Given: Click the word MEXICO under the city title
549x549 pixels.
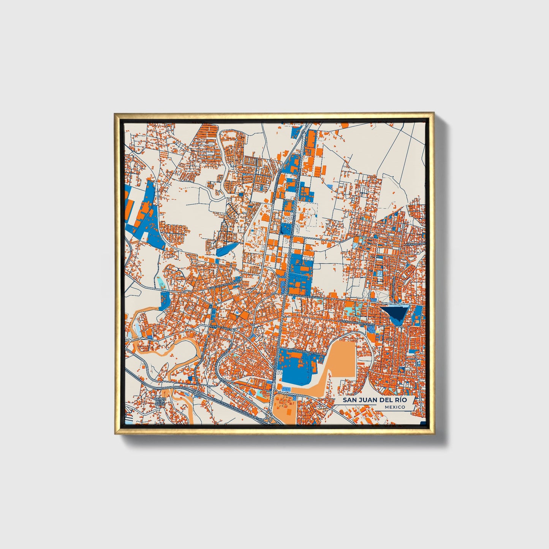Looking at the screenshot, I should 394,407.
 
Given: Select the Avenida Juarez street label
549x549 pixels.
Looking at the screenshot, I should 220,326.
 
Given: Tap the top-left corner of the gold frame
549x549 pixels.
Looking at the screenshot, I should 114,113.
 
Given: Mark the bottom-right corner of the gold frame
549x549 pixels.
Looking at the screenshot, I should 434,434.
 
